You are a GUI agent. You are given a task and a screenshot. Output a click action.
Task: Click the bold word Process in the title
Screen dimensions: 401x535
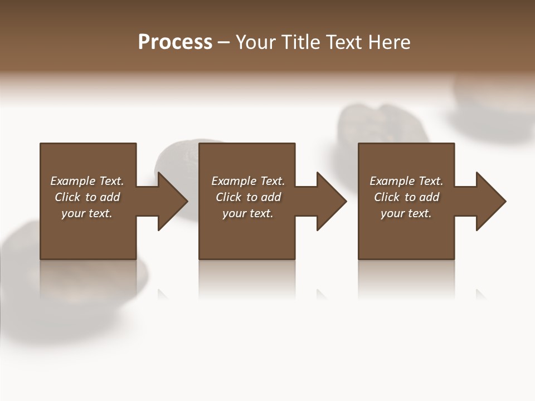click(175, 42)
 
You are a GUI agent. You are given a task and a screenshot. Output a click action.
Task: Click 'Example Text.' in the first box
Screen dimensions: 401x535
click(87, 181)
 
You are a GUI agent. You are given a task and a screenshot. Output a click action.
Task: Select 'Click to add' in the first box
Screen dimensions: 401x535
click(87, 197)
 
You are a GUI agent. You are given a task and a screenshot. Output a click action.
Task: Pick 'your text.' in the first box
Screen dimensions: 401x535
click(87, 213)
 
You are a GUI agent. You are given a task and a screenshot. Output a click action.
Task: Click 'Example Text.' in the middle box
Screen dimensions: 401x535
click(248, 181)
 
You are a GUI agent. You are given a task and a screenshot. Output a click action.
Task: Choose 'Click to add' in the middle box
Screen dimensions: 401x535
click(248, 197)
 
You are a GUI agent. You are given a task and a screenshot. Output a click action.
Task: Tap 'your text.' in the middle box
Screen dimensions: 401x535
click(248, 213)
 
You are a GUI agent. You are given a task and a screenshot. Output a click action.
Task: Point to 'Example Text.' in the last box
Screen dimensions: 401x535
click(406, 181)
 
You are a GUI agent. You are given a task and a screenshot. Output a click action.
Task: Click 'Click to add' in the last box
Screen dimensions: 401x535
click(406, 197)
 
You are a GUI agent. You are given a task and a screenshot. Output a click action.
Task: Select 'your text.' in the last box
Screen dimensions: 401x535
click(406, 213)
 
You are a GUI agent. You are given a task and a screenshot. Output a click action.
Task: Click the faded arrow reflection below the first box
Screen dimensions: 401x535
click(163, 294)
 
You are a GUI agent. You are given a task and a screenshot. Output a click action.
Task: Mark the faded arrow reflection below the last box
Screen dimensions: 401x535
click(480, 294)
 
